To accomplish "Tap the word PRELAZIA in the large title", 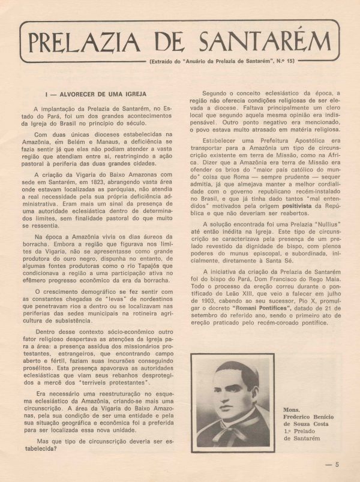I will pyautogui.click(x=84, y=41).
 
